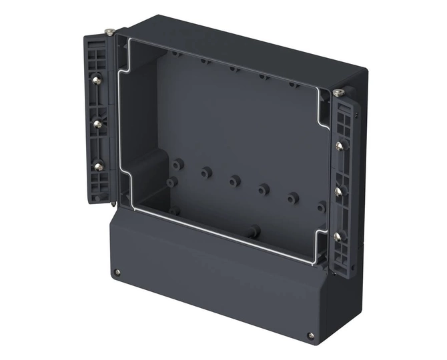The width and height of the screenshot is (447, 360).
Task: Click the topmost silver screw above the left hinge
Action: [109, 31]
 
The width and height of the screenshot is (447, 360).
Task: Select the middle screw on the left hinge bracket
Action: [97, 124]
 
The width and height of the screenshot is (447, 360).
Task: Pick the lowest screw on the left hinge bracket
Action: [98, 167]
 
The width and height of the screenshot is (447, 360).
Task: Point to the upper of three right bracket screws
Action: [340, 146]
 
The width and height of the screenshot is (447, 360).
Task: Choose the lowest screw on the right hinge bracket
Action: [338, 236]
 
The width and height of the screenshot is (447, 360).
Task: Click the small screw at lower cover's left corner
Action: [117, 272]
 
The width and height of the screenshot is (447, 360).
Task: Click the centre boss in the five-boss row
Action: [234, 181]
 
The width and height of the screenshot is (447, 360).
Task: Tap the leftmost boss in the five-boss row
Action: [177, 164]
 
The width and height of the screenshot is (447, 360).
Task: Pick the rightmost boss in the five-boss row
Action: [292, 197]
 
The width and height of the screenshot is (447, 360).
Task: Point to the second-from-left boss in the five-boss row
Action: [205, 172]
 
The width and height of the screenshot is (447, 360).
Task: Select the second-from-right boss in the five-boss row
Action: [264, 189]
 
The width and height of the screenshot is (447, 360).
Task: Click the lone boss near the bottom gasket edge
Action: [253, 232]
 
